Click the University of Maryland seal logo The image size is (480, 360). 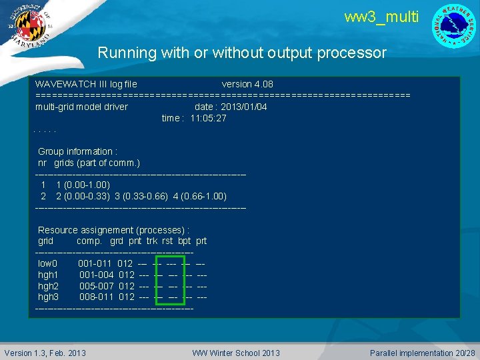27,25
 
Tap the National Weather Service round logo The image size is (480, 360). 454,25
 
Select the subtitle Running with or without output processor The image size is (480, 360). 242,53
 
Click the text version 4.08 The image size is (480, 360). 247,85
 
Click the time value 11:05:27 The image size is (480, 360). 208,118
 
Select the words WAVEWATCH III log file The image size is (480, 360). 86,85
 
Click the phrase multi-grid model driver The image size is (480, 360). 81,107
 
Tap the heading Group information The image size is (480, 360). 77,151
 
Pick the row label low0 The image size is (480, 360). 48,264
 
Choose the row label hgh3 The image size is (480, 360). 49,297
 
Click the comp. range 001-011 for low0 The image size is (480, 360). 95,264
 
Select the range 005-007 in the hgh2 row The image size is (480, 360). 96,286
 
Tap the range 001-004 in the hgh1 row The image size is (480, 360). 96,275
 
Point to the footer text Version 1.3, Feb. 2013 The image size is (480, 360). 45,353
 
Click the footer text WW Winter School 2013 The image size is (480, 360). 236,353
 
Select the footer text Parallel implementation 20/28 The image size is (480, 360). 423,353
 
